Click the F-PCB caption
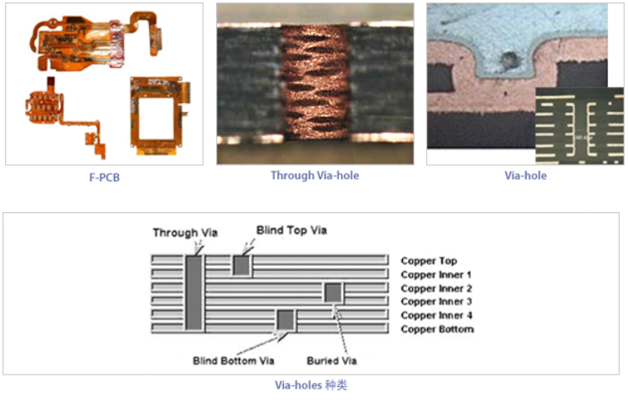[x=103, y=176]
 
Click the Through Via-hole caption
[x=314, y=176]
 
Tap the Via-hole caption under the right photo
[x=525, y=176]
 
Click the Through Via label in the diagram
[x=185, y=233]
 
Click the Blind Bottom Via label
[x=233, y=360]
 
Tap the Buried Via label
[x=333, y=360]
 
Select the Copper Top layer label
[x=429, y=261]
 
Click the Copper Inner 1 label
[x=436, y=274]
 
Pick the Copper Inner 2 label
[x=436, y=288]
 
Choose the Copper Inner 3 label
[x=436, y=302]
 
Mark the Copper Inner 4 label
[x=436, y=316]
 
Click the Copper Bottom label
[x=437, y=329]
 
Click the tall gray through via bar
[x=194, y=294]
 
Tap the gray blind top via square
[x=242, y=265]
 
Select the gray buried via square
[x=333, y=292]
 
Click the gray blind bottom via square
[x=286, y=320]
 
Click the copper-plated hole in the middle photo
[x=314, y=85]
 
